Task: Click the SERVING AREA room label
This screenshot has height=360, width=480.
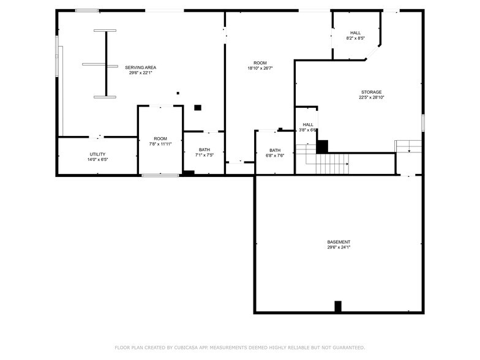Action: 140,67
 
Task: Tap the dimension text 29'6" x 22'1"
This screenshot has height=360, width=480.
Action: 140,73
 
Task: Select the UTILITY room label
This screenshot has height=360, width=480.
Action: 97,154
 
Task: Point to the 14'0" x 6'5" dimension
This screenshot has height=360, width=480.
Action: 97,160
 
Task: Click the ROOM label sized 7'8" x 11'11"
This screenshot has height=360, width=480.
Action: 160,139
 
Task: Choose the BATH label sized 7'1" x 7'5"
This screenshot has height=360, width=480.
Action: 204,149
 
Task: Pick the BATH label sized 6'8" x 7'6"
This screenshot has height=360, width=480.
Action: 275,150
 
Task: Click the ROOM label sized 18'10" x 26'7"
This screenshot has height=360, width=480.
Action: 260,63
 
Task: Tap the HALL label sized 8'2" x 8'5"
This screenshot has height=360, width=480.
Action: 355,33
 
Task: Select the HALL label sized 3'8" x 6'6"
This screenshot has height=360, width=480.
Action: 307,124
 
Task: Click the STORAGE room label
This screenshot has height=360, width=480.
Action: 370,92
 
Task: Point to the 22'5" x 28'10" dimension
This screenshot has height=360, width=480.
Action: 370,97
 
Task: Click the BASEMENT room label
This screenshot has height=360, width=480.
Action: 339,242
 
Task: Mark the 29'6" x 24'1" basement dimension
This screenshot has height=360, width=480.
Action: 339,247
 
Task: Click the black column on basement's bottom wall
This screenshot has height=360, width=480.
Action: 337,307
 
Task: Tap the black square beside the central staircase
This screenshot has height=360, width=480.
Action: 322,147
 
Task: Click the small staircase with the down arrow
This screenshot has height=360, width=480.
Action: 408,147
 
